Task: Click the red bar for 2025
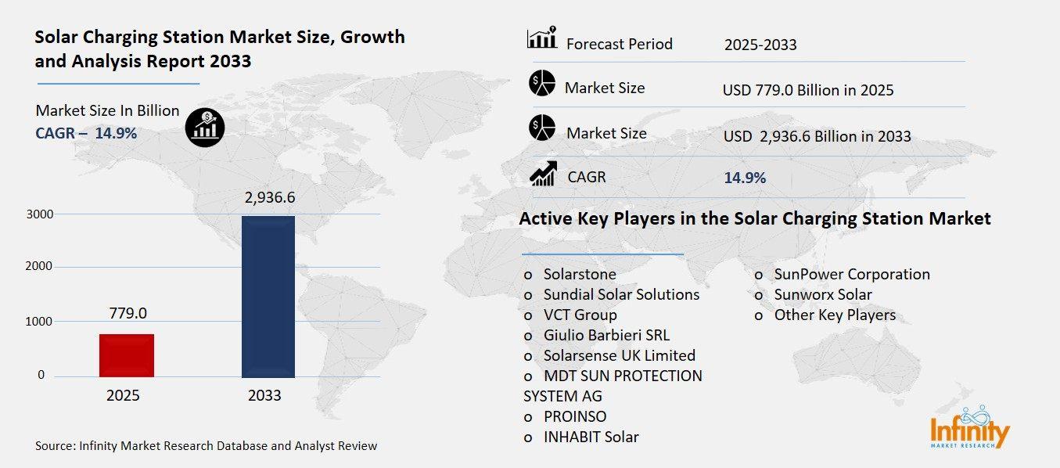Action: coord(127,356)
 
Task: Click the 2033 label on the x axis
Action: coord(264,396)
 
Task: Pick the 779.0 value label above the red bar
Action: coord(127,314)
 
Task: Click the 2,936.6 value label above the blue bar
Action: coord(269,198)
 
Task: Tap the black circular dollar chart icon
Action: coord(205,126)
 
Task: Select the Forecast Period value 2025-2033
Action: coord(760,45)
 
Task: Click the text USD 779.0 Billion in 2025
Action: coord(808,91)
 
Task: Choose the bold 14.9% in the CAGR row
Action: coord(745,178)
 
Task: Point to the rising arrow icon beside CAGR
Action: coord(543,174)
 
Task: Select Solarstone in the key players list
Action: coord(580,275)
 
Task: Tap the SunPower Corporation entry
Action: coord(851,275)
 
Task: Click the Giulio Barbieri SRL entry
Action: coord(606,336)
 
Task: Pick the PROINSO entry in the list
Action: coord(575,416)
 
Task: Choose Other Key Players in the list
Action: coord(834,315)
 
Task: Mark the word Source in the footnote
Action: coord(55,446)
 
